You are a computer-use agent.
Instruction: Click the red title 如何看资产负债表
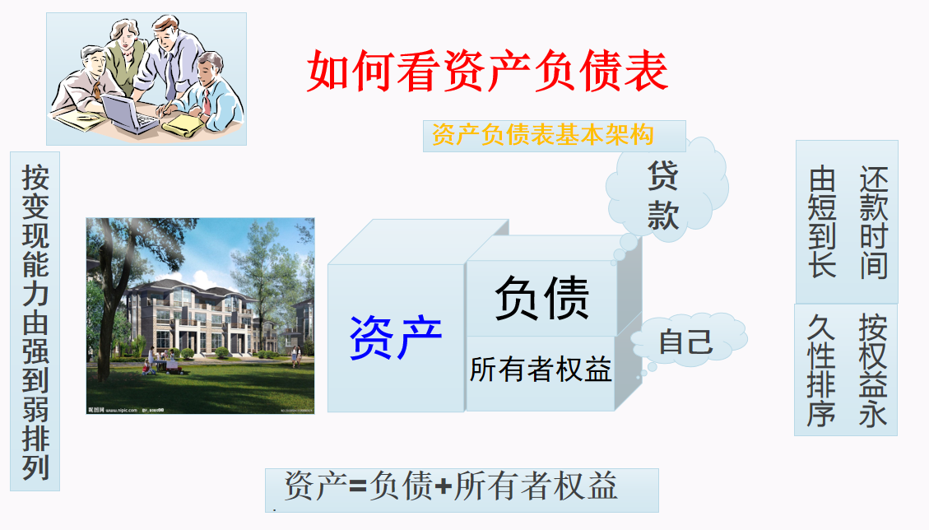[x=487, y=72]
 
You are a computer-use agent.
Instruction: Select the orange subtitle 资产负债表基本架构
[x=542, y=135]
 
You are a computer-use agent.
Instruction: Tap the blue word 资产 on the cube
[x=396, y=338]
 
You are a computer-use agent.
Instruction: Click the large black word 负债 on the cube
[x=541, y=298]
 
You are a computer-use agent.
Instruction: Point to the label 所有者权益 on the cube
[x=541, y=370]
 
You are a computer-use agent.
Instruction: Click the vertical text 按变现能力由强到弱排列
[x=35, y=321]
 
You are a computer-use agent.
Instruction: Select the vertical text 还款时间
[x=873, y=222]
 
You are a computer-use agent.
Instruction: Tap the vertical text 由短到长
[x=823, y=222]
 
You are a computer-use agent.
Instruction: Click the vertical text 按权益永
[x=873, y=370]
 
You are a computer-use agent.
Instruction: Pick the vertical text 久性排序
[x=823, y=370]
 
